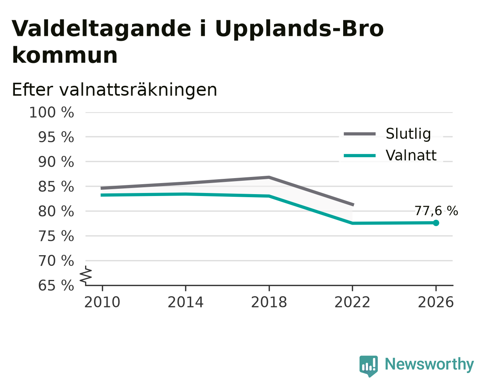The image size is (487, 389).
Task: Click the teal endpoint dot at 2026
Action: click(x=436, y=223)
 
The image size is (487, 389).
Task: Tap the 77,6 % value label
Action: click(x=436, y=211)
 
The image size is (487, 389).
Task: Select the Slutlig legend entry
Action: click(x=387, y=133)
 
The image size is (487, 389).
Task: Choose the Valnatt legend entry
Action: click(x=390, y=155)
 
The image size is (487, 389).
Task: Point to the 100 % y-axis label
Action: click(x=52, y=113)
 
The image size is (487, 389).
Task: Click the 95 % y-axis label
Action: click(x=56, y=137)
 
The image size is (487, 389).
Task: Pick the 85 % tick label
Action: click(x=56, y=186)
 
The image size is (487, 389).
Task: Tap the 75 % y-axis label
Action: click(x=56, y=236)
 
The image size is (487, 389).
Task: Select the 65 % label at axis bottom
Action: click(x=56, y=285)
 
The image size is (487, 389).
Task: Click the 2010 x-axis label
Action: click(x=102, y=302)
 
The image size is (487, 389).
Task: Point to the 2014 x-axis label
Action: click(x=185, y=302)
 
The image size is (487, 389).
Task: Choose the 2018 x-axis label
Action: click(x=269, y=302)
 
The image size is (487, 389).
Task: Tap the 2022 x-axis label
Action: click(x=352, y=302)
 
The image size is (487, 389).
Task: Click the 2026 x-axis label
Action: click(x=436, y=302)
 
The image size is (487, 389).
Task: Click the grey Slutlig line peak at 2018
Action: click(x=269, y=177)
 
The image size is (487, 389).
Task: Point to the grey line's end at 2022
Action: click(x=353, y=205)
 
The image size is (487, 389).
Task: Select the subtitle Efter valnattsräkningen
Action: click(x=114, y=90)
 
